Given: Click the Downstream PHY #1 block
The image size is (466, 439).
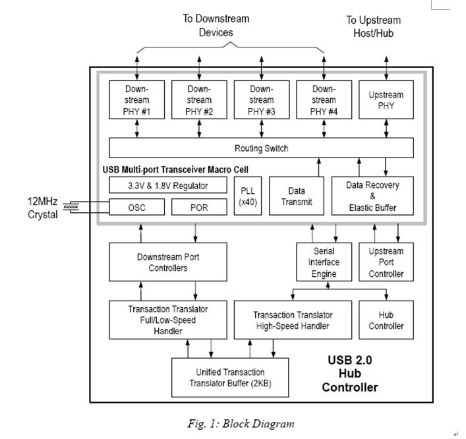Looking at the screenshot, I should [136, 100].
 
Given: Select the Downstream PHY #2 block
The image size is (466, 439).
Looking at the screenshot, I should [199, 100].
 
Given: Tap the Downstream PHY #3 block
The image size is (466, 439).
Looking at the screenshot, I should [261, 100].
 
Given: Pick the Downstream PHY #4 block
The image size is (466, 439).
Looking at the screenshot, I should [324, 100].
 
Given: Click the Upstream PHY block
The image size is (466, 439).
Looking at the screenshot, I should [386, 100].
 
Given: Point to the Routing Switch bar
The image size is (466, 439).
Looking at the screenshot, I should [261, 148].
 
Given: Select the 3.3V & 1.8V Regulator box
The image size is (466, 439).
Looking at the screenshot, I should [167, 185].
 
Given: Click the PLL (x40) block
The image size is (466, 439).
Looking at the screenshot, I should [248, 196].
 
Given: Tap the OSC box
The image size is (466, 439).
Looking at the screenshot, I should [136, 207].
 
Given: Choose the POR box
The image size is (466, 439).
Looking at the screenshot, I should [199, 207].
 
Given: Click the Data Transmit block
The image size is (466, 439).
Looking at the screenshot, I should [297, 196].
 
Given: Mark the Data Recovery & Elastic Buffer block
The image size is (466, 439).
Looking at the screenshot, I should [372, 196].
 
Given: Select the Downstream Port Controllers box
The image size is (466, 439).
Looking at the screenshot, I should [167, 262].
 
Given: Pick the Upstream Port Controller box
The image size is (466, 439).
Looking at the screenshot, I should [386, 262].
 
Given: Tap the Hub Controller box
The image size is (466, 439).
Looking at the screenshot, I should [386, 320].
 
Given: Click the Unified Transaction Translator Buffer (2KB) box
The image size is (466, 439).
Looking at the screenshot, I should [230, 378].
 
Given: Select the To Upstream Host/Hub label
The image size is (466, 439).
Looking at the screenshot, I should [373, 26].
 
